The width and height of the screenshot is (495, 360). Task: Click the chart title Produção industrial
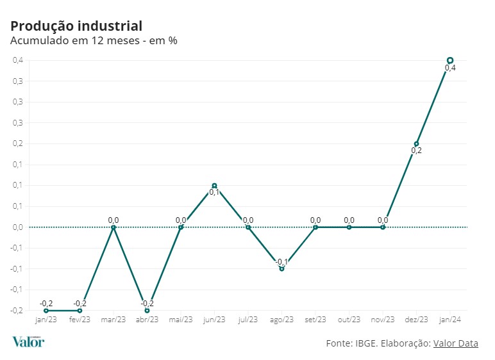[76, 26]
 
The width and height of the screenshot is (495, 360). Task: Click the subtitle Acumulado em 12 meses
[94, 41]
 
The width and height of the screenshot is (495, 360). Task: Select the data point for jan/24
[450, 60]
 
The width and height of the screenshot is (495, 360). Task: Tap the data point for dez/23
[417, 143]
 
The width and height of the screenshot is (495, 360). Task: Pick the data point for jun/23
[214, 185]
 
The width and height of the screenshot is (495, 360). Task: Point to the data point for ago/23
[281, 268]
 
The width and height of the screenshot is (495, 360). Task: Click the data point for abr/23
[147, 310]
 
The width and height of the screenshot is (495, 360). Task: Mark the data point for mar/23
[113, 227]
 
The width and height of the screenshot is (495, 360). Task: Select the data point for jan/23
[46, 310]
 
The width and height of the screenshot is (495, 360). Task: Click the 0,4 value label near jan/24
[450, 68]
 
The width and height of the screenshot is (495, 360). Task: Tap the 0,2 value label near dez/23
[417, 151]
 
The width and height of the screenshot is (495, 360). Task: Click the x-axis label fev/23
[80, 320]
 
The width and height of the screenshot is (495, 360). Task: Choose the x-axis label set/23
[315, 320]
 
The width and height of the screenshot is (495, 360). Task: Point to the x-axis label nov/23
[383, 320]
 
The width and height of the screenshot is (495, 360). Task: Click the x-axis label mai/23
[181, 320]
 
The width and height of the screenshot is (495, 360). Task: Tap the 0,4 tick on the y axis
[18, 60]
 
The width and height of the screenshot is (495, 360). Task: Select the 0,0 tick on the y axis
[18, 227]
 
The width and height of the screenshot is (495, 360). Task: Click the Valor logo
[28, 341]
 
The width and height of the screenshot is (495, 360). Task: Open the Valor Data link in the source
[455, 343]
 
